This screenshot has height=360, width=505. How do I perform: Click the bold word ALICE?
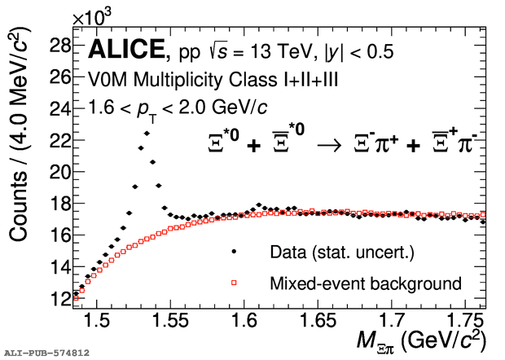click(x=125, y=50)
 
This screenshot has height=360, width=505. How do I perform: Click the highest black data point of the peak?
click(x=147, y=133)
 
